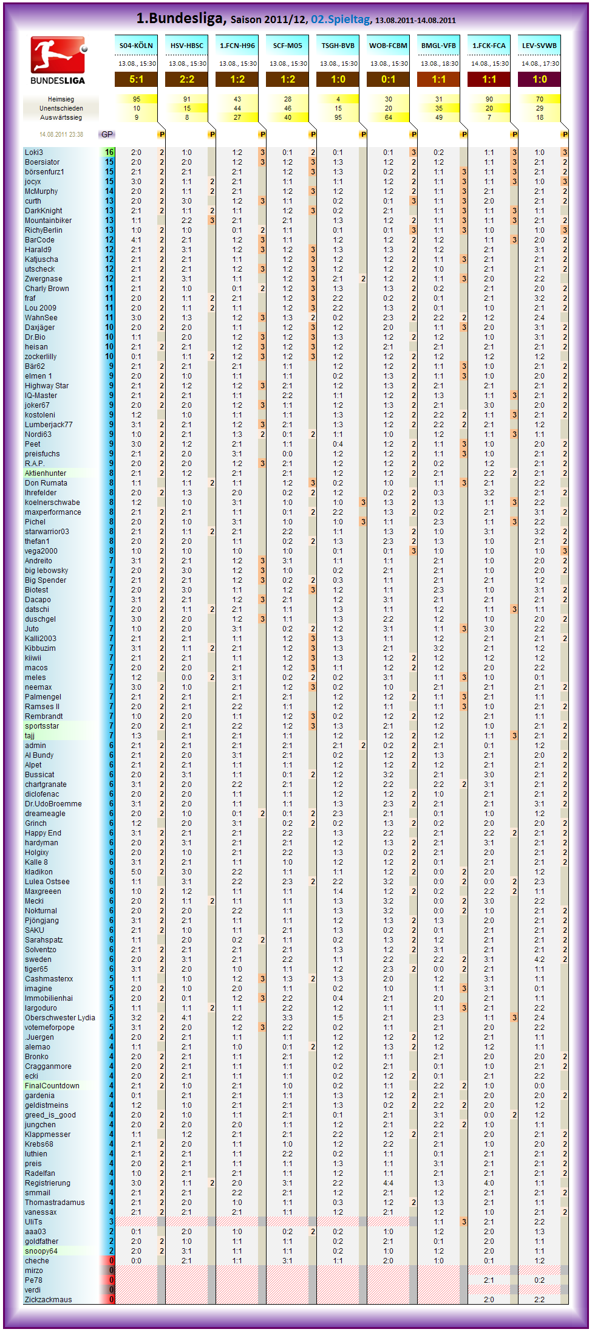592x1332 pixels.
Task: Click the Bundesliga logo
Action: [58, 60]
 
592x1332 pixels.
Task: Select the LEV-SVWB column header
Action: [539, 46]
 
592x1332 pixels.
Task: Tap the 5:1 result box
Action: [136, 80]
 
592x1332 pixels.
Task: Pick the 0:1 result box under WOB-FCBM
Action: [388, 80]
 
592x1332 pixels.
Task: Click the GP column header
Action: [107, 134]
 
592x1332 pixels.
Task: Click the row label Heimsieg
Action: [61, 99]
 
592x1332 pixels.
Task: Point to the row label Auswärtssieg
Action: [61, 117]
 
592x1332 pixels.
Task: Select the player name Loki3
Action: [34, 153]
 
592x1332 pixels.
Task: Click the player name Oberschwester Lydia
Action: [60, 1018]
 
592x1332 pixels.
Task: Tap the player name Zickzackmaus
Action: [48, 1300]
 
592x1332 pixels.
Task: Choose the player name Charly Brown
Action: [47, 289]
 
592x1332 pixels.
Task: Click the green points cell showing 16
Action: [109, 153]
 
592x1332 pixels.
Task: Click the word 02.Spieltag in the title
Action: [340, 19]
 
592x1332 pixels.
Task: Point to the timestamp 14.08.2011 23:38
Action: [61, 134]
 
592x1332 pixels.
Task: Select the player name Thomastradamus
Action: [55, 1203]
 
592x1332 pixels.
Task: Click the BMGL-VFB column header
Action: [438, 46]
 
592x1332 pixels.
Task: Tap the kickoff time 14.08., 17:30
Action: [539, 63]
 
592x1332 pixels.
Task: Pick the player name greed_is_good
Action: [50, 1115]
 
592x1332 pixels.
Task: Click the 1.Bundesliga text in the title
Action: [179, 18]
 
